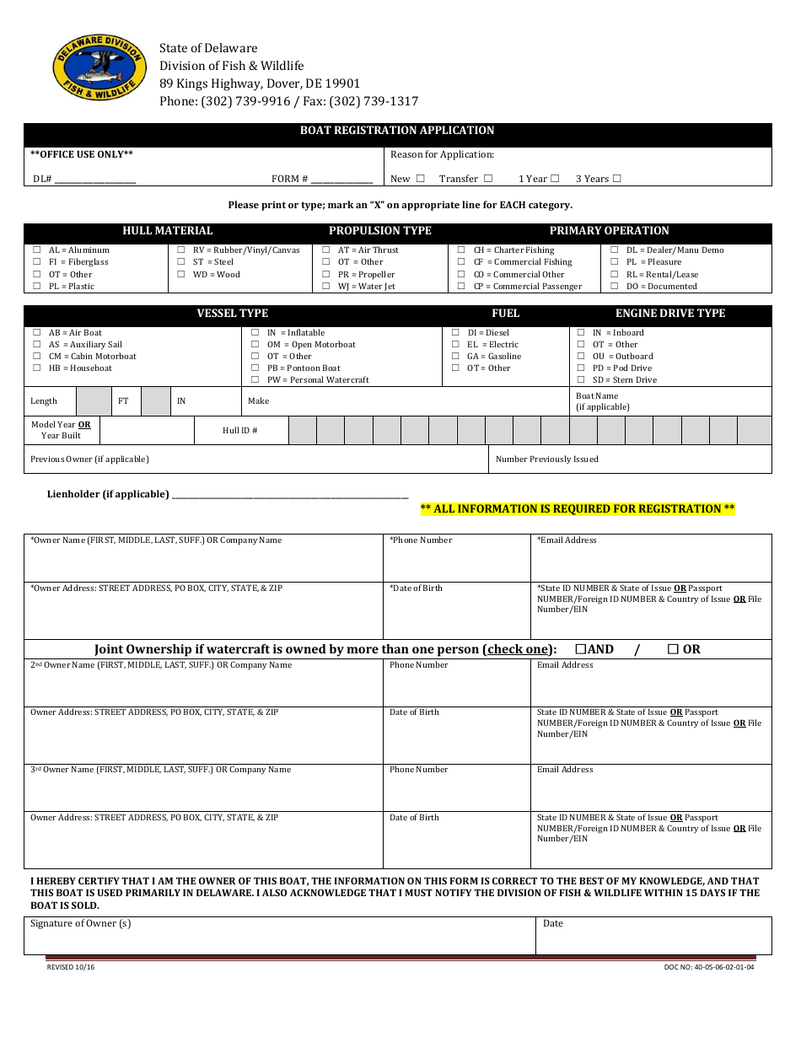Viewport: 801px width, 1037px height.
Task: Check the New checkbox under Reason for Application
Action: (x=421, y=179)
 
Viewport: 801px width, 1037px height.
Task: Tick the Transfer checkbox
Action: (x=488, y=179)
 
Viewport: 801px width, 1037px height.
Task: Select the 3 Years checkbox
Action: (x=617, y=179)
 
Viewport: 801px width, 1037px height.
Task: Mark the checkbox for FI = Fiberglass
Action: (x=37, y=262)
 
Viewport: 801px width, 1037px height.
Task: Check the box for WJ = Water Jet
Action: (x=326, y=287)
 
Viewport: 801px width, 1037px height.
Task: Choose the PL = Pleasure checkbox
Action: (x=615, y=262)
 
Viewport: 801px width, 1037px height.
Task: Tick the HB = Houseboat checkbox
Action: (x=37, y=368)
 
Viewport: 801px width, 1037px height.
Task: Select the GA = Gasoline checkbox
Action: (x=456, y=357)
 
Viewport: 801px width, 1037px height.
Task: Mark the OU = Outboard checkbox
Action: (x=581, y=357)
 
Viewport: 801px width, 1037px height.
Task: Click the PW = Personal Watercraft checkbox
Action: (x=255, y=380)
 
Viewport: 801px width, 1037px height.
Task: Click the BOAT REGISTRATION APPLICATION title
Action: (x=397, y=131)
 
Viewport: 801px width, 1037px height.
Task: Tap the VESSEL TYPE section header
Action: (x=233, y=314)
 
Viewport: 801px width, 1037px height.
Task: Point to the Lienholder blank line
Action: (x=290, y=496)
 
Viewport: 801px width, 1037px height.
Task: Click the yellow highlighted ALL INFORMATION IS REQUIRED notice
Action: (x=578, y=509)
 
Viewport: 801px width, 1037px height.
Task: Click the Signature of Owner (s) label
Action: (x=81, y=924)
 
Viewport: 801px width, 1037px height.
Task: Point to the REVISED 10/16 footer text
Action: (x=71, y=968)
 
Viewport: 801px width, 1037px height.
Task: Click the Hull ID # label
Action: (x=240, y=431)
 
